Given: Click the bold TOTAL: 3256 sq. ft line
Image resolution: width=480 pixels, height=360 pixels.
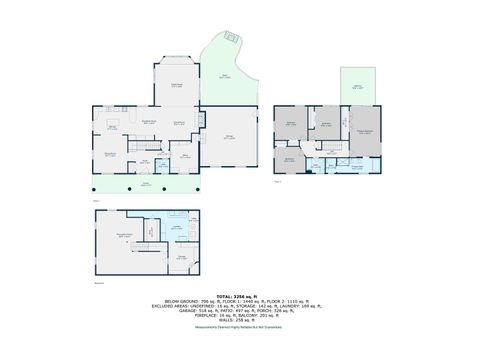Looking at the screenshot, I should [x=240, y=296].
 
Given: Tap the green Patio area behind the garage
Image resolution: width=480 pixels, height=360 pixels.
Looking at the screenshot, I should [x=225, y=72].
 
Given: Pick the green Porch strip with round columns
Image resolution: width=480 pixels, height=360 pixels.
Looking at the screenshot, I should [x=146, y=186].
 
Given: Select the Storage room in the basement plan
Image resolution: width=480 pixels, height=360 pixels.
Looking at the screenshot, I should [x=182, y=259].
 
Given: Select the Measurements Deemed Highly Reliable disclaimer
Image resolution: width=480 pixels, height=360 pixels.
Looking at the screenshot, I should [x=240, y=331].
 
